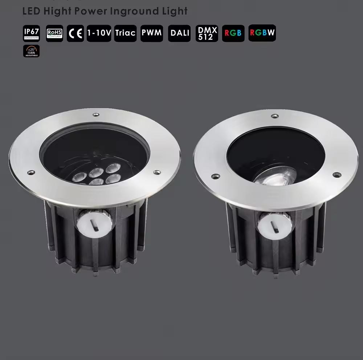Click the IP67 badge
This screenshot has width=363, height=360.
coord(31,33)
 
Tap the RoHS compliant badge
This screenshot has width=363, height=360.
coord(54,33)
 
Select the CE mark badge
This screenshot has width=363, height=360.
coord(76,33)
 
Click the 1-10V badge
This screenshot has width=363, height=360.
coord(99,33)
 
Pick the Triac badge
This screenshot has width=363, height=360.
coord(125,33)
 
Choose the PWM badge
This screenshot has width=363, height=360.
coord(152,33)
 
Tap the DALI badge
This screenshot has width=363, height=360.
coord(180,33)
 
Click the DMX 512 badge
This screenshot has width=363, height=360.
coord(207,33)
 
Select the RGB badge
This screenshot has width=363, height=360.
coord(233,33)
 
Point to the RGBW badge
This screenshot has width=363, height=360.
coord(262,33)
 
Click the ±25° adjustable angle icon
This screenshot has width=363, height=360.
coord(31,51)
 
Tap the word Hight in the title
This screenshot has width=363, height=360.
coord(58,11)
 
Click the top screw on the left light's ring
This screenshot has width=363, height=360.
coord(96,115)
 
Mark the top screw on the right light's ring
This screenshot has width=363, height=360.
coord(275,116)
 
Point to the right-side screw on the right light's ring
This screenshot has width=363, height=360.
coord(337,175)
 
